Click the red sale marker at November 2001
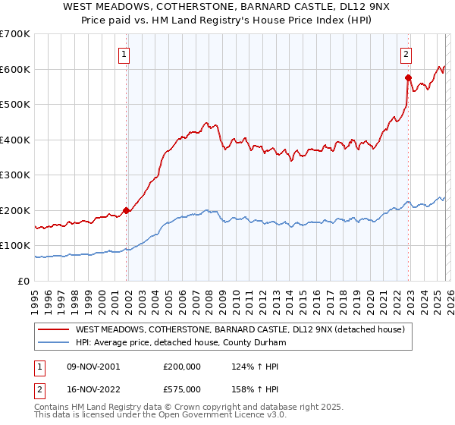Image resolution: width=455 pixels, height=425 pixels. point(127,211)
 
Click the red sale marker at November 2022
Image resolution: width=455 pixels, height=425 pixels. point(408,77)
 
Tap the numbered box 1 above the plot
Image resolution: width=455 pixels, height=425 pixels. point(123,54)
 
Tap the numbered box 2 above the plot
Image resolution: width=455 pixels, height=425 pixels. point(406,54)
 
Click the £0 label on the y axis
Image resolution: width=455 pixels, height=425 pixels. point(24,282)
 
